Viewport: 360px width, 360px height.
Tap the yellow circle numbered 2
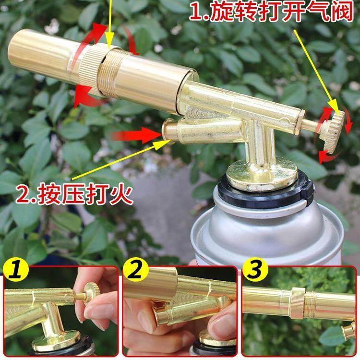point(135,271)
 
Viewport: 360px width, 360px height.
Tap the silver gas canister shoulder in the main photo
point(230,226)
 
